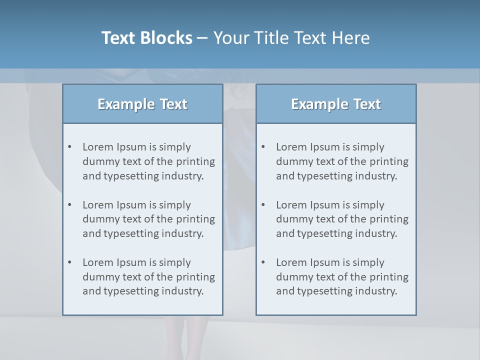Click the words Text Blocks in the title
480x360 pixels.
point(146,38)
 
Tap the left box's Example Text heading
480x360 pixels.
point(142,104)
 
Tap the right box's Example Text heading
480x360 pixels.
point(336,104)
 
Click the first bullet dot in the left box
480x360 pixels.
point(69,147)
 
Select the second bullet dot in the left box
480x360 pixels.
point(69,205)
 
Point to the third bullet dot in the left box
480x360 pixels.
point(69,262)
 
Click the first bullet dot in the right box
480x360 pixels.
point(263,147)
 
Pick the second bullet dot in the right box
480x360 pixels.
point(263,205)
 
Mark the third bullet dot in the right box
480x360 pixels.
point(263,262)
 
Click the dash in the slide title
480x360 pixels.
point(202,38)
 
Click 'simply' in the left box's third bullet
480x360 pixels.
point(175,262)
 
